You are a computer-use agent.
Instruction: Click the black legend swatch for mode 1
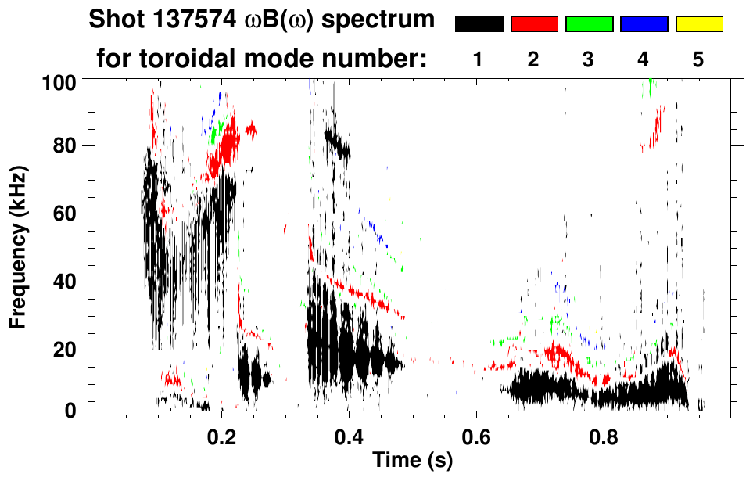click(x=479, y=24)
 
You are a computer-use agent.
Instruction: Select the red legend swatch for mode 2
click(x=534, y=24)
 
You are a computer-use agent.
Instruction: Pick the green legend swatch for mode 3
click(x=589, y=24)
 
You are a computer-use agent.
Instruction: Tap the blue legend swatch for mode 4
click(x=644, y=24)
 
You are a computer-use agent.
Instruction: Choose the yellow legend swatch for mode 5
click(x=699, y=24)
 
